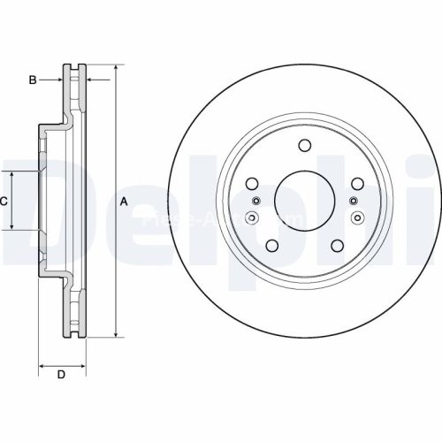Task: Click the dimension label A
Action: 124,202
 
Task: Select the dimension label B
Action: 33,80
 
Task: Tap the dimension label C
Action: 4,202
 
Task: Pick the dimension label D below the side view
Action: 61,375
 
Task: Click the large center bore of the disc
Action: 304,199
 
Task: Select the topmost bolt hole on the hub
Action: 304,147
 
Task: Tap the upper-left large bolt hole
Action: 251,184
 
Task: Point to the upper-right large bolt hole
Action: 357,184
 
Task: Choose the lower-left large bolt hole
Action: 272,245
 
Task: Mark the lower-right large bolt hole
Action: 337,245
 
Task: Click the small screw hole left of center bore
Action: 251,217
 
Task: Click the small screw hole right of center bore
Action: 357,217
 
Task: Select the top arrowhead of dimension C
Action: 12,174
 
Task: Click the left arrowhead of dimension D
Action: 42,363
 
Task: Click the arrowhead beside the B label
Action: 59,80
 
